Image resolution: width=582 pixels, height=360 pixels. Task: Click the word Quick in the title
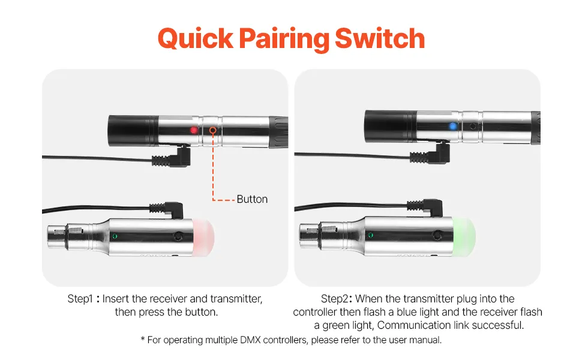tap(196, 38)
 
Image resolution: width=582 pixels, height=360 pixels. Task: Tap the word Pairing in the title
tap(284, 40)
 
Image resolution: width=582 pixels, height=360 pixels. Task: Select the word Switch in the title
tap(380, 38)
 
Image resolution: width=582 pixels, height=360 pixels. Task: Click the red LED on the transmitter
tap(194, 130)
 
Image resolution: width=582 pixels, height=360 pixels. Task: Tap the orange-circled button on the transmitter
tap(212, 130)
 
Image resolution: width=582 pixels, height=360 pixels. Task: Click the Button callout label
tap(252, 199)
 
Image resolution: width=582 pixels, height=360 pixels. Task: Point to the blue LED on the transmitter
tap(452, 126)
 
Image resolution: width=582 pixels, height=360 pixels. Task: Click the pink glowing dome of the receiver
tap(204, 237)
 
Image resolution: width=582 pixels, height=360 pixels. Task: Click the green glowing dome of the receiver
tap(464, 236)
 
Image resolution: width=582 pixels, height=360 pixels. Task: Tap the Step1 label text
tap(80, 299)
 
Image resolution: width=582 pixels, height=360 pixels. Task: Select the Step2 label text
tap(334, 299)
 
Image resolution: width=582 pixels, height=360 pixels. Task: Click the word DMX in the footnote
tap(251, 340)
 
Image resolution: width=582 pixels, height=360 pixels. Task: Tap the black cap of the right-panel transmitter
tap(390, 126)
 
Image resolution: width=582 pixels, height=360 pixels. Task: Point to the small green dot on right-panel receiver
tap(370, 235)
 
